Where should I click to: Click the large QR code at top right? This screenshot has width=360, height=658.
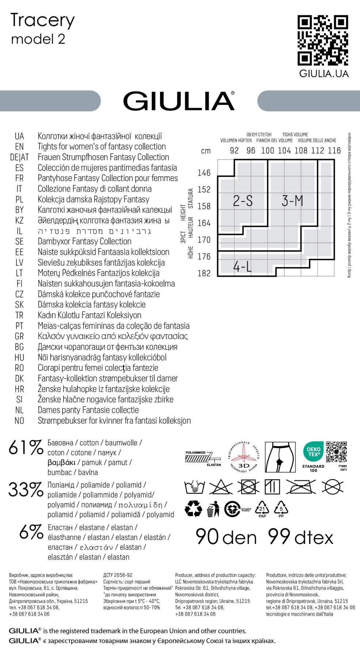pyautogui.click(x=323, y=40)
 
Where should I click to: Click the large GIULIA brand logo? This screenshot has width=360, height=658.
pyautogui.click(x=179, y=101)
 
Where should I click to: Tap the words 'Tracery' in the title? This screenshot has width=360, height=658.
pyautogui.click(x=43, y=20)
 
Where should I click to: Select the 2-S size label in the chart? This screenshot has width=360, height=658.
pyautogui.click(x=243, y=201)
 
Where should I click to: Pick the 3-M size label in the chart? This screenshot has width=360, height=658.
pyautogui.click(x=292, y=201)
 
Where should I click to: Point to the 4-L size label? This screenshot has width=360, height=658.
pyautogui.click(x=243, y=267)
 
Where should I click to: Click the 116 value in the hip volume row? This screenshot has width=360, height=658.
pyautogui.click(x=334, y=151)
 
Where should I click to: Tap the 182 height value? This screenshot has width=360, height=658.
pyautogui.click(x=204, y=273)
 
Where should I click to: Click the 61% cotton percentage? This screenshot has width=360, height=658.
pyautogui.click(x=26, y=447)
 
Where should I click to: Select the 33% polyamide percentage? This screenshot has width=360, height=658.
pyautogui.click(x=26, y=490)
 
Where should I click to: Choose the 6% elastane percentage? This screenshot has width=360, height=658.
pyautogui.click(x=31, y=532)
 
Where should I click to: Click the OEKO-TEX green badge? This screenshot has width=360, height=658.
pyautogui.click(x=313, y=452)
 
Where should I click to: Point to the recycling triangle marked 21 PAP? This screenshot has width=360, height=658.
pyautogui.click(x=262, y=509)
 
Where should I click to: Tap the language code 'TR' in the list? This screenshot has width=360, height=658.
pyautogui.click(x=19, y=315)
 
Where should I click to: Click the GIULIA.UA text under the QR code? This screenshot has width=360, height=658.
pyautogui.click(x=324, y=74)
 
